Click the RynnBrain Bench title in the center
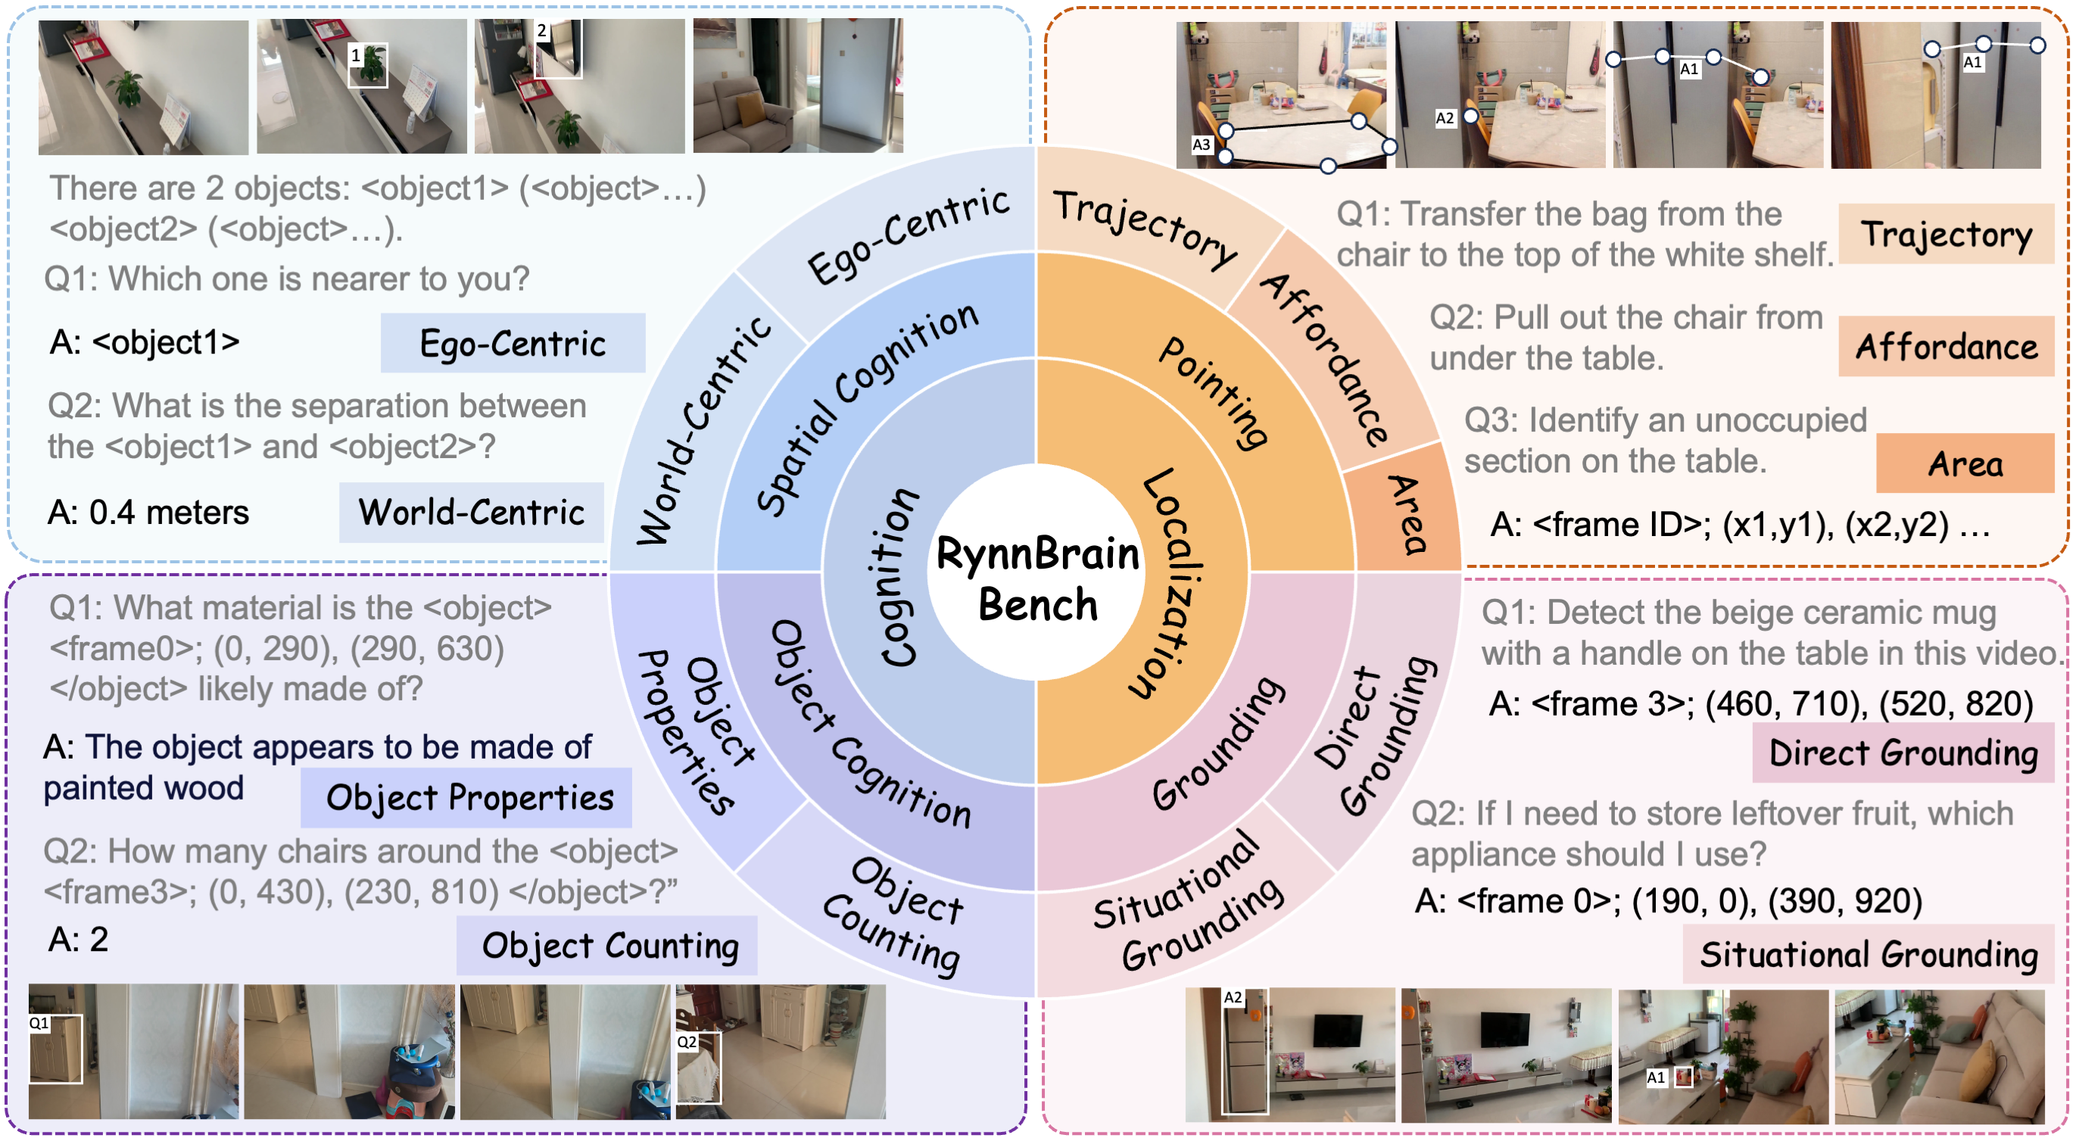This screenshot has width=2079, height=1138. point(1037,578)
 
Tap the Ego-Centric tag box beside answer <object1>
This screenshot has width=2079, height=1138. point(513,343)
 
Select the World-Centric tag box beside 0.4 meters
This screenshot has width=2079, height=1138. point(472,513)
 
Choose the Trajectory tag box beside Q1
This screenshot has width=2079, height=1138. point(1946,234)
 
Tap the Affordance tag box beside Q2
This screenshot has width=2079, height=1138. point(1946,347)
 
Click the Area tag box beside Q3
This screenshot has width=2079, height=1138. point(1965,464)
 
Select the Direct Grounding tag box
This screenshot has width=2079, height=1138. point(1903,753)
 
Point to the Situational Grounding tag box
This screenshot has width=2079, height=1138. point(1868,954)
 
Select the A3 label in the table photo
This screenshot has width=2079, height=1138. point(1201,145)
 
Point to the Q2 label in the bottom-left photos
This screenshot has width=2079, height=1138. point(686,1042)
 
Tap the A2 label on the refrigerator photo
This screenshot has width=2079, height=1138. point(1233,998)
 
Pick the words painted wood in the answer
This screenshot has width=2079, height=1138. point(143,788)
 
